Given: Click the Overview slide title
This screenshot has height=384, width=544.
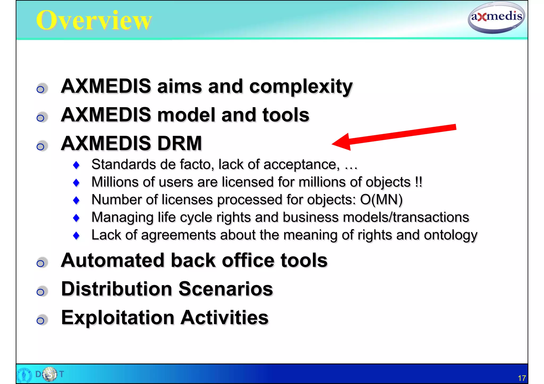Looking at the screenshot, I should [94, 20].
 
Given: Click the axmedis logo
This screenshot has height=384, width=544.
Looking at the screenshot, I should [496, 17].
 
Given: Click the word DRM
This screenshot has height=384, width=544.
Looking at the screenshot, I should [180, 143].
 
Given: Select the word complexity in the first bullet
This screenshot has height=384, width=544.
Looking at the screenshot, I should [301, 87].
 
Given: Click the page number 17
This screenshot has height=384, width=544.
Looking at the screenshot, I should [522, 378].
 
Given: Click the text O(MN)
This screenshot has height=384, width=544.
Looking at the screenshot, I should [381, 199].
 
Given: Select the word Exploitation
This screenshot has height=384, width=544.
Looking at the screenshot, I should [117, 318].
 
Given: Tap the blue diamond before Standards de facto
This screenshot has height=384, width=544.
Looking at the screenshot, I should [76, 165].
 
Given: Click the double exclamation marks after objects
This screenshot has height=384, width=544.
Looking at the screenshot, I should [419, 182].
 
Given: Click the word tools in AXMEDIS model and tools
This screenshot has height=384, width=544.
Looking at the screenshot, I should [286, 115].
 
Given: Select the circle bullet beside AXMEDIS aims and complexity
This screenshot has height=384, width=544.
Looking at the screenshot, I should [41, 89].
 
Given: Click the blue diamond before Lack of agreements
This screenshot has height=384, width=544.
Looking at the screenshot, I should [76, 235].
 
